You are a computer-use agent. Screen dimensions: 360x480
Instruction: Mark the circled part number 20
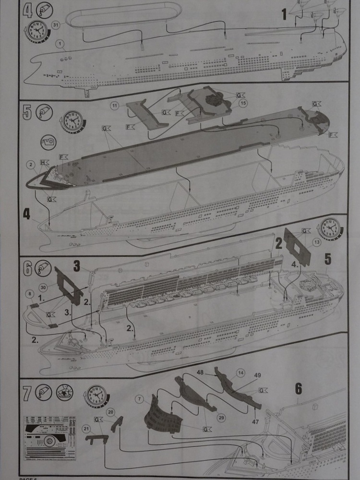coord(110,411)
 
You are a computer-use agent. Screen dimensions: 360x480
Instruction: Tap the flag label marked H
coord(46,162)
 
